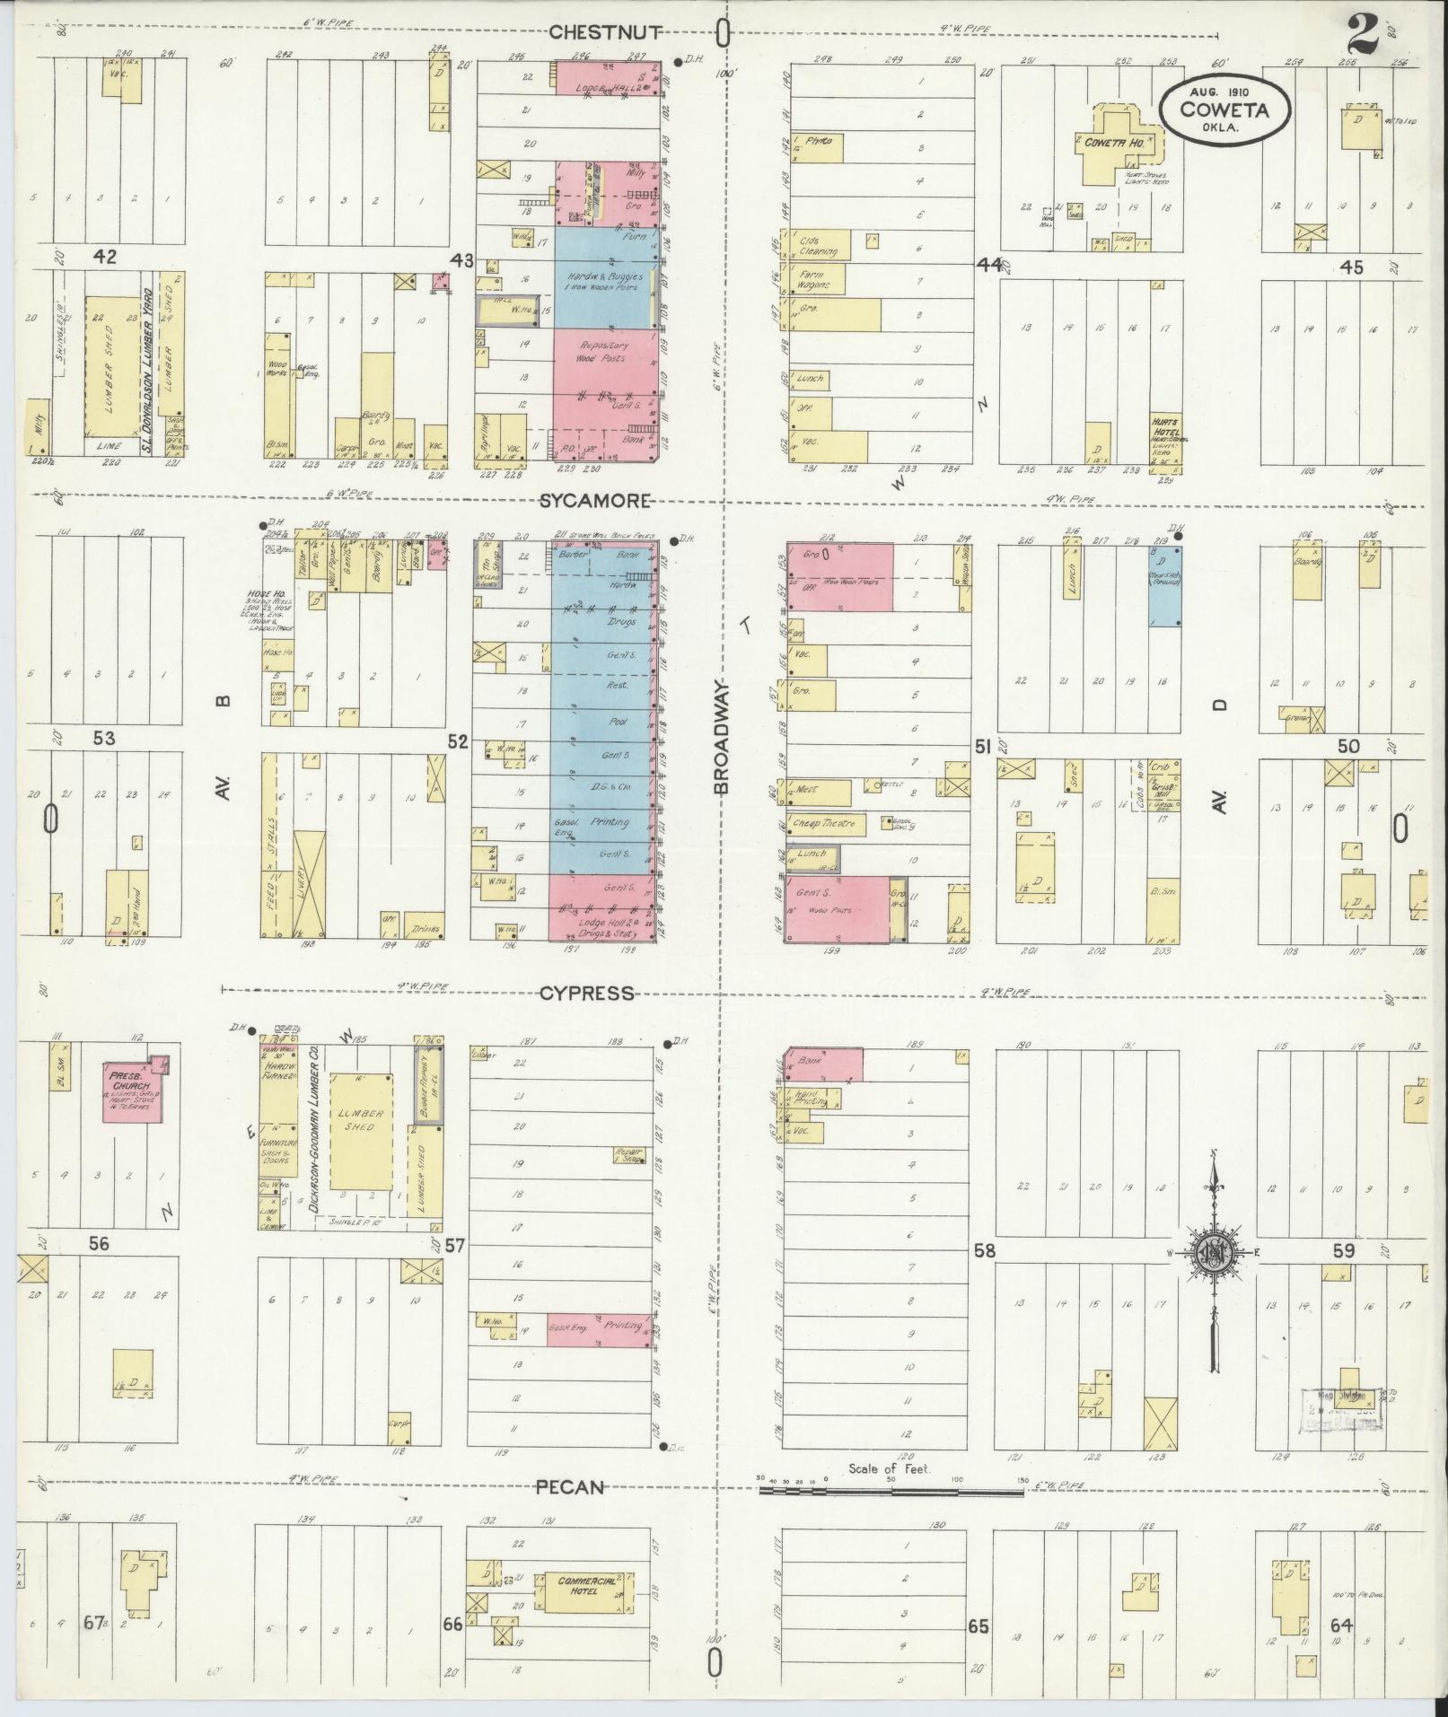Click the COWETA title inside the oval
(1224, 110)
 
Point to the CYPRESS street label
(586, 994)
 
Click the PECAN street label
(570, 1487)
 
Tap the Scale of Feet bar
(891, 1492)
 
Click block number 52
(458, 740)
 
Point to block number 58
(985, 1249)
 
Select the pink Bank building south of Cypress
(824, 1064)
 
